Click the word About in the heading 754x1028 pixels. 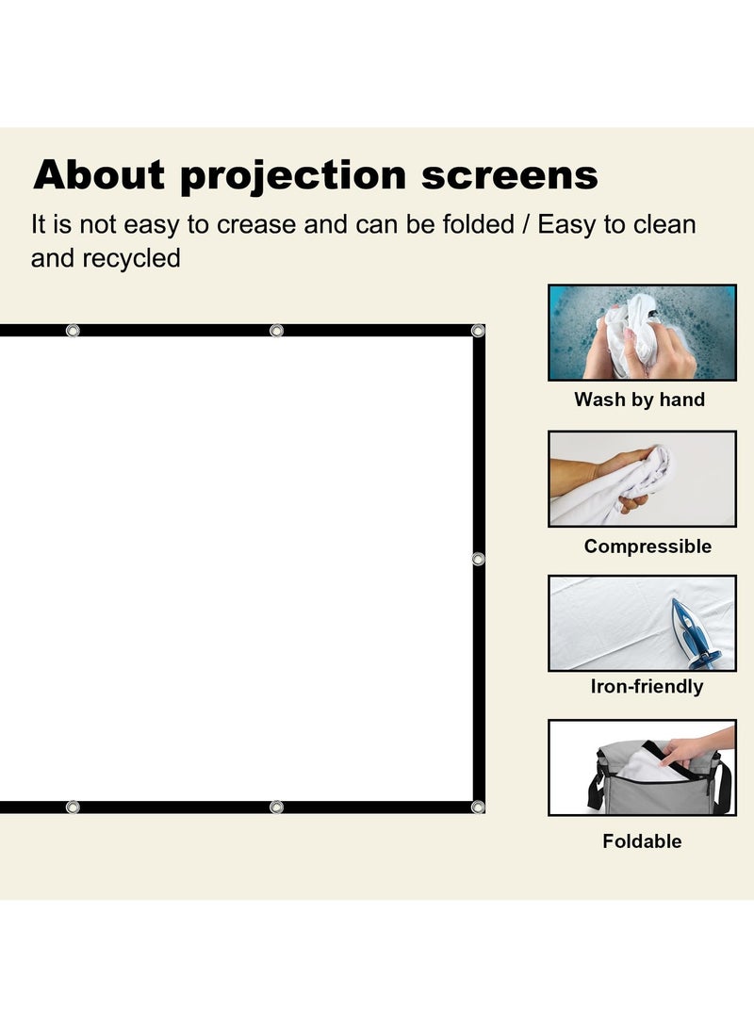click(99, 175)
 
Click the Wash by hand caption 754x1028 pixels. click(640, 400)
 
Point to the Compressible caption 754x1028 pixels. click(647, 547)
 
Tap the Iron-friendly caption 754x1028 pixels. click(647, 687)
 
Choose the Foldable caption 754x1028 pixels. click(642, 841)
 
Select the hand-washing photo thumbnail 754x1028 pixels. click(642, 333)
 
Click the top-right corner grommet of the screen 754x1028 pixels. click(478, 331)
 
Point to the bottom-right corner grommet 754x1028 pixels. click(478, 807)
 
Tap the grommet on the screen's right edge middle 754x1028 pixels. click(478, 559)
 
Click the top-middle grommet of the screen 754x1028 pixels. click(276, 331)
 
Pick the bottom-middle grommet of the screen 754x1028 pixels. click(276, 807)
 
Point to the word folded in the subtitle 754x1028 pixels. click(476, 226)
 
